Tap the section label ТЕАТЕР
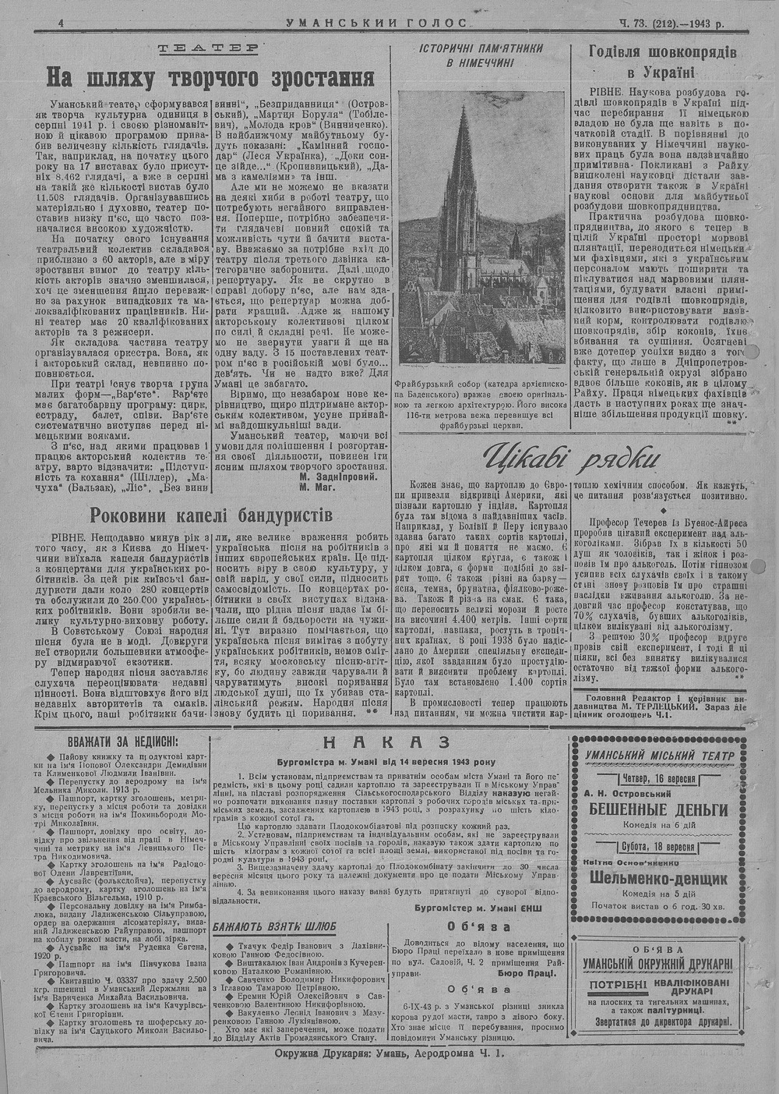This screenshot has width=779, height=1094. click(209, 49)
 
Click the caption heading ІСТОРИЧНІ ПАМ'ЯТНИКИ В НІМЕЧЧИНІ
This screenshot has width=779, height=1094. click(481, 55)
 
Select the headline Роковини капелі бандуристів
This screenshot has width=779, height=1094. click(211, 515)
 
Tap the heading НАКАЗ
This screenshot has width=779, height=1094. click(387, 742)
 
